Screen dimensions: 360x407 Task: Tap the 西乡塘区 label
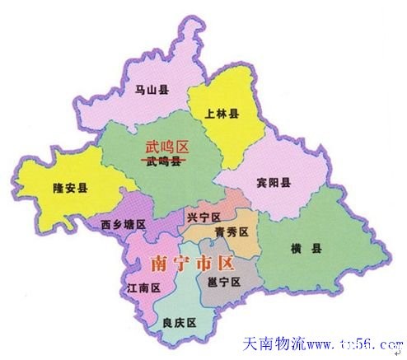[124, 224]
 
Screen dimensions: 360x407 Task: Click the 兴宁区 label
[204, 217]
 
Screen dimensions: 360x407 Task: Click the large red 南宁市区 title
[194, 264]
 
